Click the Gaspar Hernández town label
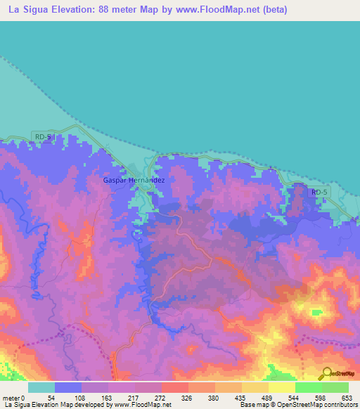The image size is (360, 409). (134, 181)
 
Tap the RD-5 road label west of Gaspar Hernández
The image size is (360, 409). (41, 137)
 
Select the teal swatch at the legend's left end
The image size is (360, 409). (41, 387)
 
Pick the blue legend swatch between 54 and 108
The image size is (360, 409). (68, 387)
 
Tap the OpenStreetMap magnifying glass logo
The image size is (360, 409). (326, 373)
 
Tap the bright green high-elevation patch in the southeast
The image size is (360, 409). (316, 312)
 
